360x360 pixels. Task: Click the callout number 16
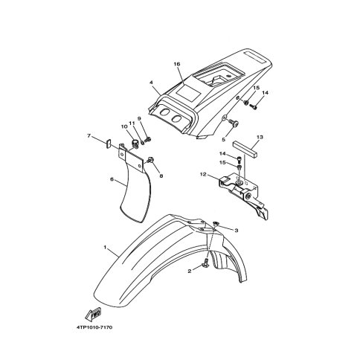tap(177, 64)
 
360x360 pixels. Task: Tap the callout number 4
tap(151, 83)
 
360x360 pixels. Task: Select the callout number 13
tap(260, 137)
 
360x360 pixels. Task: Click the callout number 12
tap(203, 175)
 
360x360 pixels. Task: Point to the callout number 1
tap(105, 247)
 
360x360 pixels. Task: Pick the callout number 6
tap(112, 179)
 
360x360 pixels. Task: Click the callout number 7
tap(89, 135)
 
